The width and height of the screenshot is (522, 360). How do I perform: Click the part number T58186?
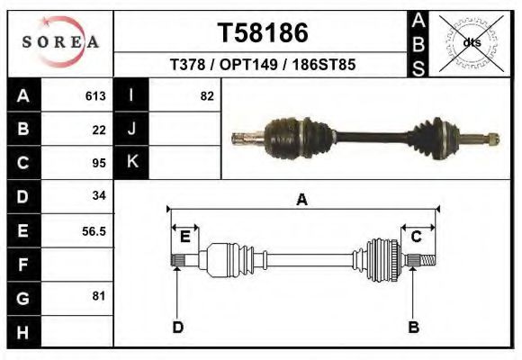pos(263,33)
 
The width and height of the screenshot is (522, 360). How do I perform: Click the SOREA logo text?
pos(60,42)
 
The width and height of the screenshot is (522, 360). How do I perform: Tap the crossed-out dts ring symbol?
pos(471,43)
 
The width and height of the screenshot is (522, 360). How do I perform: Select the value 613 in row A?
pos(95,96)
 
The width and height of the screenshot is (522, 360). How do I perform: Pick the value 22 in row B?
pos(99,130)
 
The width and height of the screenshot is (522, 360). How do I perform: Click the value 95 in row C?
pos(99,163)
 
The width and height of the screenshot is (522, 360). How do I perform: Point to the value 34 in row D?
pos(99,195)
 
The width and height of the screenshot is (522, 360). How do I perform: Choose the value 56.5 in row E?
pos(94,231)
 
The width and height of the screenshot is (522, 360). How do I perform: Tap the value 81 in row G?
pos(98,296)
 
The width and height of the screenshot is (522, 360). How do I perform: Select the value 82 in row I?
pos(207,96)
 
